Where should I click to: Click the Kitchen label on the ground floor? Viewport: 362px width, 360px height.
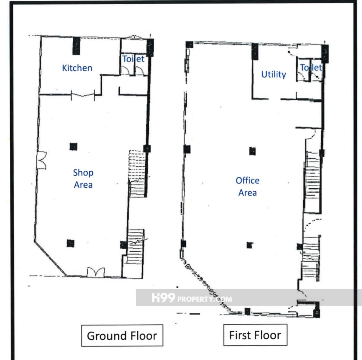coord(77,68)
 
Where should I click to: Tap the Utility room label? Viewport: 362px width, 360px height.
coord(274,75)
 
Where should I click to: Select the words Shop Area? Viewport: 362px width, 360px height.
coord(83,179)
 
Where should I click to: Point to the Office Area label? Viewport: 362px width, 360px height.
coord(248,186)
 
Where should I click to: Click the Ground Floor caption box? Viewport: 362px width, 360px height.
coord(122,335)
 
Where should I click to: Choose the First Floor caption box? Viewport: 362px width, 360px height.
coord(255,335)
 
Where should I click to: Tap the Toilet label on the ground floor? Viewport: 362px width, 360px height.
coord(133,59)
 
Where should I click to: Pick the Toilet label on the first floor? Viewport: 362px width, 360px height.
coord(311,68)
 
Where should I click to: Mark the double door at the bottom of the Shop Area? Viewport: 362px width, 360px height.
coord(96,272)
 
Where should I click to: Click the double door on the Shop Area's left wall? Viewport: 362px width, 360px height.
coord(42,160)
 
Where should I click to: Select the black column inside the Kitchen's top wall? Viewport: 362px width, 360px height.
coord(76,46)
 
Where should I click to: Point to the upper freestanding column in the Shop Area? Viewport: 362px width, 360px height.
coord(73,147)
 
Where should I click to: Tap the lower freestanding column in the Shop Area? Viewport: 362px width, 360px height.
coord(71,243)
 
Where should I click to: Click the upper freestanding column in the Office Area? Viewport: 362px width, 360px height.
coord(252,151)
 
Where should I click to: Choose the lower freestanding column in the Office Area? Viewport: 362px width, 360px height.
coord(249,245)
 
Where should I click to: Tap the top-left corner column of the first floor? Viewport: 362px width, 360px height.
coord(189,45)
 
